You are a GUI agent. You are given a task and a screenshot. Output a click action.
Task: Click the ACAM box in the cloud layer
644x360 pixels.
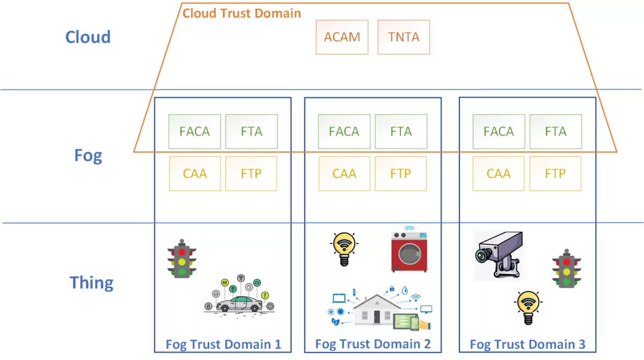[342, 38]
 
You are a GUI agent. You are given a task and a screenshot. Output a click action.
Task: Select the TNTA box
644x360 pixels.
[404, 38]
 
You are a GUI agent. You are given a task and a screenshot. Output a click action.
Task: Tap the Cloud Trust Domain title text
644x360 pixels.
[241, 13]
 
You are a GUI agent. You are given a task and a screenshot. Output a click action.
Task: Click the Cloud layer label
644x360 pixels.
[87, 37]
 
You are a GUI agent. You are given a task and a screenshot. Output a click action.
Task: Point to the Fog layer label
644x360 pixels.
[88, 156]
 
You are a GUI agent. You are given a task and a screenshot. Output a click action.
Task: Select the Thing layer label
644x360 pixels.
[91, 283]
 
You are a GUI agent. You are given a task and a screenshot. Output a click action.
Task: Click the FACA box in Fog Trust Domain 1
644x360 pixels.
[194, 131]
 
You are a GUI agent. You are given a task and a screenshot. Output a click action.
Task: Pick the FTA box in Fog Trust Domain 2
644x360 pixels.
[401, 131]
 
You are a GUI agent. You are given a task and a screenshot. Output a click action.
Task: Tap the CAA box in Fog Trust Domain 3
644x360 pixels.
[499, 174]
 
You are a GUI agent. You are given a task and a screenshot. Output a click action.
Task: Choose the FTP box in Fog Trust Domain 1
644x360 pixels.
[251, 174]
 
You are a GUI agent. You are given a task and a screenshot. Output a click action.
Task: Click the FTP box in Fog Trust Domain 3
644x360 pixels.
[555, 174]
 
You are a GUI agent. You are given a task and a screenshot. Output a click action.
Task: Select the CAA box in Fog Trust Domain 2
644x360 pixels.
[345, 174]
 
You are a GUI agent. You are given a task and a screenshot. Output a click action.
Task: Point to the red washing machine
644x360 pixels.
[409, 249]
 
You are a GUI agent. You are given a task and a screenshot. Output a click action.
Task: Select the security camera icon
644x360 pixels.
[499, 255]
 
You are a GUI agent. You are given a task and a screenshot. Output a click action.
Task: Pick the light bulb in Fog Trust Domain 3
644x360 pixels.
[528, 307]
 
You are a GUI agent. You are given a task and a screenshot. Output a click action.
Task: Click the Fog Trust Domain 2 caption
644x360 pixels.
[372, 344]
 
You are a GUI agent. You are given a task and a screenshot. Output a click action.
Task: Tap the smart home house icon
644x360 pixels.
[376, 310]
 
